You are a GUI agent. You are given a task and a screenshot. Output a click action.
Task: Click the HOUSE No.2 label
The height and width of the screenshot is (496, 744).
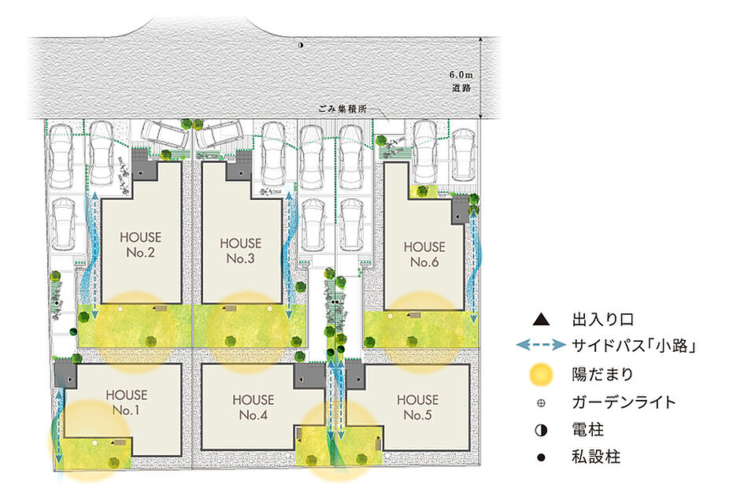point(140,244)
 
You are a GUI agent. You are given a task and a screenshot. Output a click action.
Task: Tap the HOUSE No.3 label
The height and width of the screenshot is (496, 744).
point(241,250)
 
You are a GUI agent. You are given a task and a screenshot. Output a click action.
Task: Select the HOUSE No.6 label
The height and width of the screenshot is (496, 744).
point(424,254)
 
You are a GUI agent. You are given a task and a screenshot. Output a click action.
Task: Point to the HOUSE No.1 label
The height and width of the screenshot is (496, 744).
point(127,402)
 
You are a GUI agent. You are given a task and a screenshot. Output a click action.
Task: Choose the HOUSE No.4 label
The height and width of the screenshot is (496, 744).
point(254,407)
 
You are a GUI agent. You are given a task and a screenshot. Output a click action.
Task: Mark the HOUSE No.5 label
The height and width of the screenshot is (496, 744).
point(417,407)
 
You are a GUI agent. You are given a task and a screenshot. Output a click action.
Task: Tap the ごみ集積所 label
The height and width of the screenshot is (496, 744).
point(342,109)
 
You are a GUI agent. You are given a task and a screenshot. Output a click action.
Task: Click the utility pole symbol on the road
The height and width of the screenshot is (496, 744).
point(301,45)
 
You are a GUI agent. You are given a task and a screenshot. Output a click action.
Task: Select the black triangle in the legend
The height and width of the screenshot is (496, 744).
point(541,320)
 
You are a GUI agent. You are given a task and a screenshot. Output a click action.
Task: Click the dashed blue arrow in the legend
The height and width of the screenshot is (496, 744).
point(541,345)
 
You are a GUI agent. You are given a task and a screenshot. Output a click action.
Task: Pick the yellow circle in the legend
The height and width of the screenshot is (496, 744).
point(541,375)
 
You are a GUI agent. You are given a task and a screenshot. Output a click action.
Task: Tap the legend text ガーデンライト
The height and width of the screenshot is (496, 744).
point(624,402)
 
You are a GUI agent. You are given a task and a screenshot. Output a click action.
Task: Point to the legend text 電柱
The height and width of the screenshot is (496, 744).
point(588,430)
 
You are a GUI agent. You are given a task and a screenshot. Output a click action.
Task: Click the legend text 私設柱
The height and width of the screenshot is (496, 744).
point(596,457)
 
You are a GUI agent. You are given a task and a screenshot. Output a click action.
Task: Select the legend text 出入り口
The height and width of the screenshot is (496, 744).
point(602,320)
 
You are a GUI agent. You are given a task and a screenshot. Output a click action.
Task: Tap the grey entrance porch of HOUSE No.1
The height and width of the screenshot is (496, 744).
point(65,375)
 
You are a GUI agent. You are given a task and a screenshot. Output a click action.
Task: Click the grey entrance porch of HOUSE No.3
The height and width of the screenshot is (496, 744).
point(239,170)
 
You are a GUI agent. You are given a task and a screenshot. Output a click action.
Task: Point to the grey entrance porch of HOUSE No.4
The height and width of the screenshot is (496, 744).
point(309,376)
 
